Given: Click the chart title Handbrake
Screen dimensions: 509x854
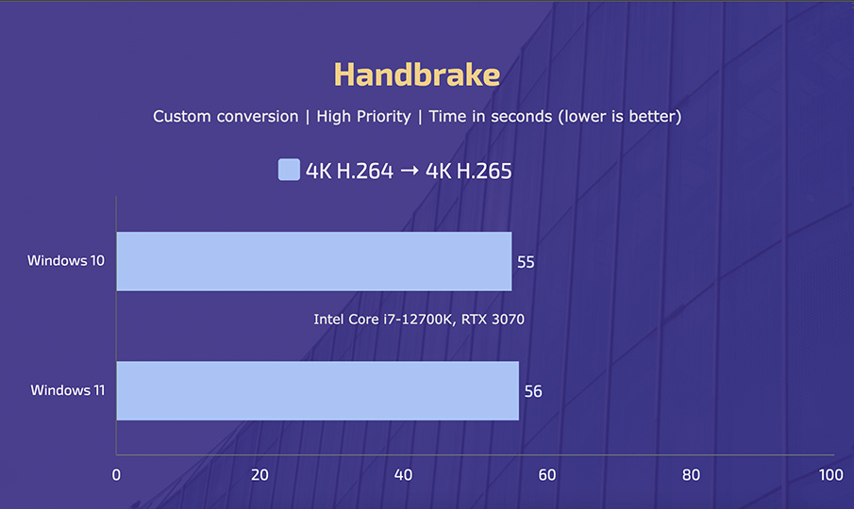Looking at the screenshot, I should pos(416,74).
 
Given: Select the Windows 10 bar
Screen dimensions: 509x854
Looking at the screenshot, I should pos(313,261).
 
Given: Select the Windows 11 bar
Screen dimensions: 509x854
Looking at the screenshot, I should pos(317,390).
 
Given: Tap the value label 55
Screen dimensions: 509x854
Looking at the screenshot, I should pos(526,262).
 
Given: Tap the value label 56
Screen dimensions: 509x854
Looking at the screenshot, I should pos(533,391).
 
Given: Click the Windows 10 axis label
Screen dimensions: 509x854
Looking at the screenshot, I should pos(66,260).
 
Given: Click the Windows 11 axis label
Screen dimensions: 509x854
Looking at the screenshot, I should pos(68,389).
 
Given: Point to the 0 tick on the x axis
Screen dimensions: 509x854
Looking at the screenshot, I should pos(116,475).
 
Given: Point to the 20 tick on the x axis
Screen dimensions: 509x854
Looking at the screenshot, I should pos(260,475).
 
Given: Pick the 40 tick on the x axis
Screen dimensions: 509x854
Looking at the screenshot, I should pos(403,475).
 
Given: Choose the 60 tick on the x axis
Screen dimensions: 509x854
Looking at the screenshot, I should pos(547,475).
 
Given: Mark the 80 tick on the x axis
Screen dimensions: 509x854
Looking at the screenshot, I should pos(691,475).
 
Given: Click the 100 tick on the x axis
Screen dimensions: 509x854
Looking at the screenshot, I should pos(831,475).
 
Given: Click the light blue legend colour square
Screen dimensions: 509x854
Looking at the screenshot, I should pos(289,170).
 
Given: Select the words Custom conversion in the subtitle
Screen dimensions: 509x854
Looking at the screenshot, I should pos(225,117).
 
